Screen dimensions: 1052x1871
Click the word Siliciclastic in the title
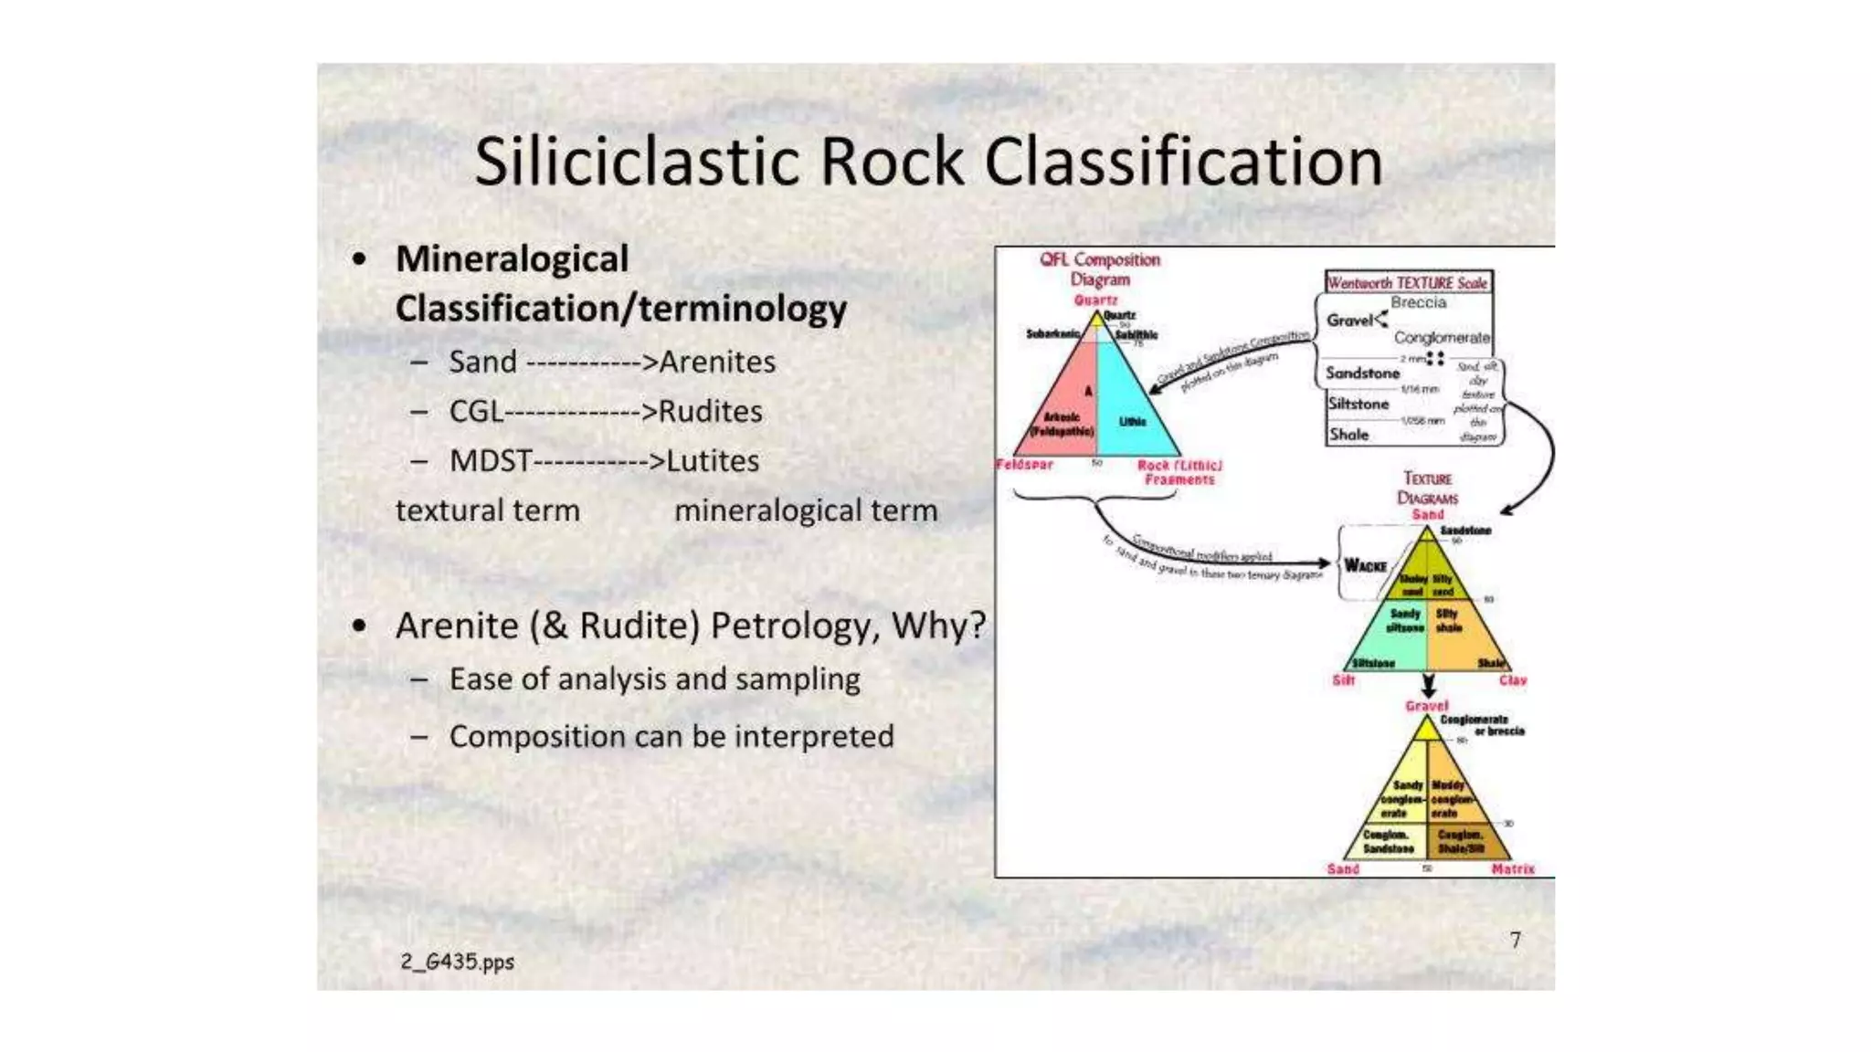[639, 163]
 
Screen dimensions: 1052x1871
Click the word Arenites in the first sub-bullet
[717, 362]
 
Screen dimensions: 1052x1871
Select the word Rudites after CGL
[710, 411]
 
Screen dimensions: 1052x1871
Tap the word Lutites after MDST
[713, 460]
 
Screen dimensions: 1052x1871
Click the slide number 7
[1516, 940]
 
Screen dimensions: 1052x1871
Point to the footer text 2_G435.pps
[457, 962]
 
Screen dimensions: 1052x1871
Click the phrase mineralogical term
[806, 510]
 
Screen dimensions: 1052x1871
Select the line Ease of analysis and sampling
[654, 679]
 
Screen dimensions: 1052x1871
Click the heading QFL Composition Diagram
[1099, 269]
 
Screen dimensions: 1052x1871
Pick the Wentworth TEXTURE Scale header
[1407, 283]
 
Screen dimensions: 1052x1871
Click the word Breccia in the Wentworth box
[1418, 302]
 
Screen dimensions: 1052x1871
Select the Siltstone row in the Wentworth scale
[1358, 404]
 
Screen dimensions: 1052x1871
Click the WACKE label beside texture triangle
[1365, 566]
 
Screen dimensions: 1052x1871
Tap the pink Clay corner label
[1512, 680]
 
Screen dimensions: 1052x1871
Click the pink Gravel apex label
[1426, 706]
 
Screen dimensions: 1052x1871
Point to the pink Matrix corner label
[1512, 869]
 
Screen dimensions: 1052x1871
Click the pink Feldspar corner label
[1024, 465]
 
